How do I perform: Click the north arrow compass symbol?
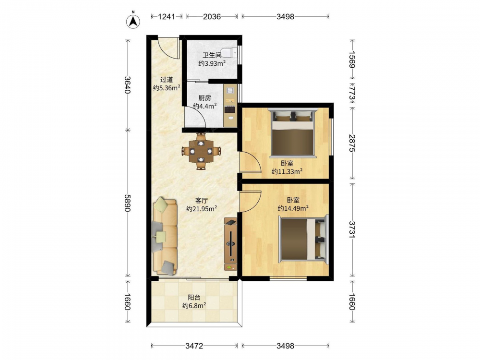pos(133,21)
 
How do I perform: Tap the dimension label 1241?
pos(167,16)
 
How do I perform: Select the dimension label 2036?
pos(212,16)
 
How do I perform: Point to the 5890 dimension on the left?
pos(128,203)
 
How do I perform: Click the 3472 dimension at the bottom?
pos(194,346)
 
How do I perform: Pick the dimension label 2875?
pos(352,143)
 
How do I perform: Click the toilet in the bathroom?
pos(229,52)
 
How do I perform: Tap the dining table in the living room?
pos(201,151)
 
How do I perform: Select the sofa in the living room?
pos(165,237)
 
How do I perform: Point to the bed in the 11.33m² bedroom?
pos(293,133)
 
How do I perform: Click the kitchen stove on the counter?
pos(230,109)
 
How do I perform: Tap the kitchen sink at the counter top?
pos(230,90)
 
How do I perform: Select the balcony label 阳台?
pos(194,297)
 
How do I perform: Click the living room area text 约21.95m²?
pos(202,209)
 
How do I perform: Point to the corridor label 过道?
pos(167,80)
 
